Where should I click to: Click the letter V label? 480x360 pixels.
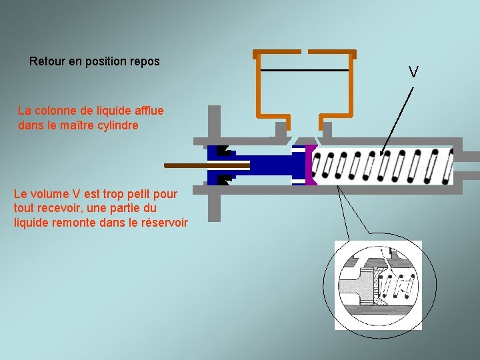pos(413,72)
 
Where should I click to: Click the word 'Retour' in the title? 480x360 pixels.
pos(46,61)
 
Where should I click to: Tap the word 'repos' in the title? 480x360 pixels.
pos(145,61)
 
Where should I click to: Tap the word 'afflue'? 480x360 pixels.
pos(148,110)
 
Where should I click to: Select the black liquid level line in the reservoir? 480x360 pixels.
pos(305,70)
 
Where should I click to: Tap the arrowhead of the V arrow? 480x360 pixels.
pos(382,153)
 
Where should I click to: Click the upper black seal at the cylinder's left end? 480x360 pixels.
pos(224,151)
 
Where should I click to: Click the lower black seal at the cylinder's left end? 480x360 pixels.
pos(224,179)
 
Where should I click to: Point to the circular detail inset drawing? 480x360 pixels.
pos(377,285)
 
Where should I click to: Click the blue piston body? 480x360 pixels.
pos(267,165)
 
